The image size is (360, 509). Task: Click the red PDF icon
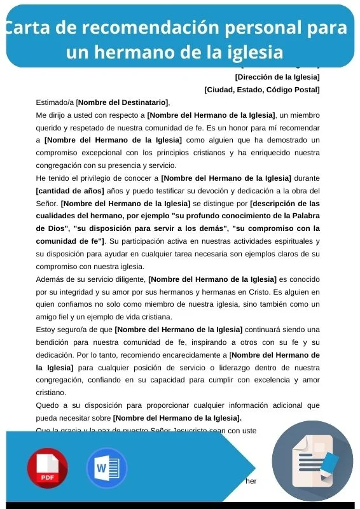47,468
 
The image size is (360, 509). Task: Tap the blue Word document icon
106,468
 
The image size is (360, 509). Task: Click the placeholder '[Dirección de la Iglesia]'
277,78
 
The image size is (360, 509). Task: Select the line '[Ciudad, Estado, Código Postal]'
262,90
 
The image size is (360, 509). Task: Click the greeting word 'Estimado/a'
55,102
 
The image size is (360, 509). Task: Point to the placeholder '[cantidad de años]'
70,190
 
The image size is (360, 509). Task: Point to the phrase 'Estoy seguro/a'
63,329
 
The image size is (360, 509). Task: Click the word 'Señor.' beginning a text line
47,203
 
